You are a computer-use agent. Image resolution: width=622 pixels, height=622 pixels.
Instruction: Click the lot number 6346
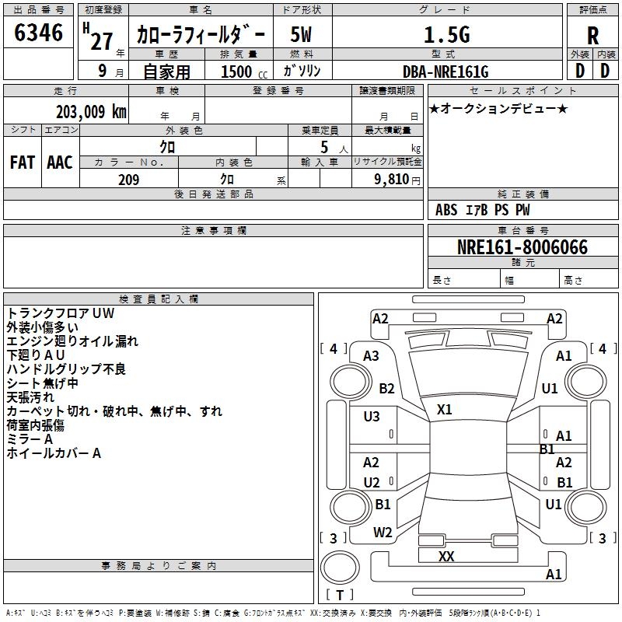tap(38, 33)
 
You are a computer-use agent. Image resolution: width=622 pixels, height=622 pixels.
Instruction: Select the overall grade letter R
tap(592, 36)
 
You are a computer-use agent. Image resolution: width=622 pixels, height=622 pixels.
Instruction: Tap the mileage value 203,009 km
tap(91, 112)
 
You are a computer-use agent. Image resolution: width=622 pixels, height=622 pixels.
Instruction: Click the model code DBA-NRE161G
tap(446, 72)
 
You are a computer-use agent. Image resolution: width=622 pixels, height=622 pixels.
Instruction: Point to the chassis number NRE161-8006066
tap(522, 247)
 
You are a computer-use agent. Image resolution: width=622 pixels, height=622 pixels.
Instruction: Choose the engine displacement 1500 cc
tap(244, 72)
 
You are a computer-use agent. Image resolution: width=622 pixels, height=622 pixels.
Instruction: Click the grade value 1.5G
tap(446, 35)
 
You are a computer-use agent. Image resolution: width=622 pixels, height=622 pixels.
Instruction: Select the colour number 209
tap(128, 180)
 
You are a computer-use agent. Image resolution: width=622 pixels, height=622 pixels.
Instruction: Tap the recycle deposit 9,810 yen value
tap(397, 180)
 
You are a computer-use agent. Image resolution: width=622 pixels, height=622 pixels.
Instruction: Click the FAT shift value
tap(23, 162)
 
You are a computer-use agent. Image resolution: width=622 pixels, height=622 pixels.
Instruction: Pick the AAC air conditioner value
tap(60, 162)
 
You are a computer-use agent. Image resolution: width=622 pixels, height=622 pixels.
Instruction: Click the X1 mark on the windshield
tap(444, 409)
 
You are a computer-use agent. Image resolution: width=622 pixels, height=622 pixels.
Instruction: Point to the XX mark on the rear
tap(446, 556)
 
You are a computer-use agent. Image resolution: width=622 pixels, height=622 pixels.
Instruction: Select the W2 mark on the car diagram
tap(383, 533)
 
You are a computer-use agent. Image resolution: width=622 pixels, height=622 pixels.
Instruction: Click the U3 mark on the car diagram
tap(372, 417)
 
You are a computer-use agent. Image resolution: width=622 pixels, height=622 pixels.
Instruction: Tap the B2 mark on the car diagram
tap(386, 388)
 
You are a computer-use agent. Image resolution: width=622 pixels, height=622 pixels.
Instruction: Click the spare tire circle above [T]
tap(340, 568)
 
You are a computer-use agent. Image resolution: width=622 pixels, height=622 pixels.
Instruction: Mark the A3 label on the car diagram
tap(371, 356)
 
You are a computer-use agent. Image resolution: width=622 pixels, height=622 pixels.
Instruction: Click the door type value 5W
tap(301, 35)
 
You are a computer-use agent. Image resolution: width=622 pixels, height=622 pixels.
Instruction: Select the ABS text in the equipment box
tap(446, 210)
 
